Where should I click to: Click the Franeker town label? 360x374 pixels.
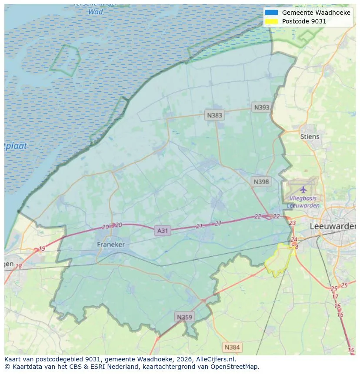pos(110,245)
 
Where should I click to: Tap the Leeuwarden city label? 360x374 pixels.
pos(332,226)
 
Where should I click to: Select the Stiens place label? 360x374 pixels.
pos(310,136)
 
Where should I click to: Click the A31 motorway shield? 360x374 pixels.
pos(162,231)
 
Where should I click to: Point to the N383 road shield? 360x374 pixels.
pos(214,115)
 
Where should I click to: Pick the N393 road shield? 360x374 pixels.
pos(262,107)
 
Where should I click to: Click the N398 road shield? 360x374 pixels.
pos(261,182)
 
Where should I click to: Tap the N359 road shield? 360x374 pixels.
pos(184,317)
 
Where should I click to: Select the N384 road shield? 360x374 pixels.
pos(232,347)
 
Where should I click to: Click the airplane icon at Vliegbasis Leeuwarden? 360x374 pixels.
pos(303,189)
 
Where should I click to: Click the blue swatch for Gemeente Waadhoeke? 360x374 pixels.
pos(271,13)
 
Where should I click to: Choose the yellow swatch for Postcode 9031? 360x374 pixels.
pos(271,21)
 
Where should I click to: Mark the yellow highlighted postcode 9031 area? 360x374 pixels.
pos(280,261)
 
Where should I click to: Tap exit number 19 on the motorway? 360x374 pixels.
pos(42,249)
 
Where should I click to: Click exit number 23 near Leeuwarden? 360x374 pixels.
pos(292,223)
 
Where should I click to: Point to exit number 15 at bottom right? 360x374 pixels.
pos(351,350)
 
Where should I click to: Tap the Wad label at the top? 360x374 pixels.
pos(96,12)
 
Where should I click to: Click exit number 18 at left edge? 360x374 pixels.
pos(18,266)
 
